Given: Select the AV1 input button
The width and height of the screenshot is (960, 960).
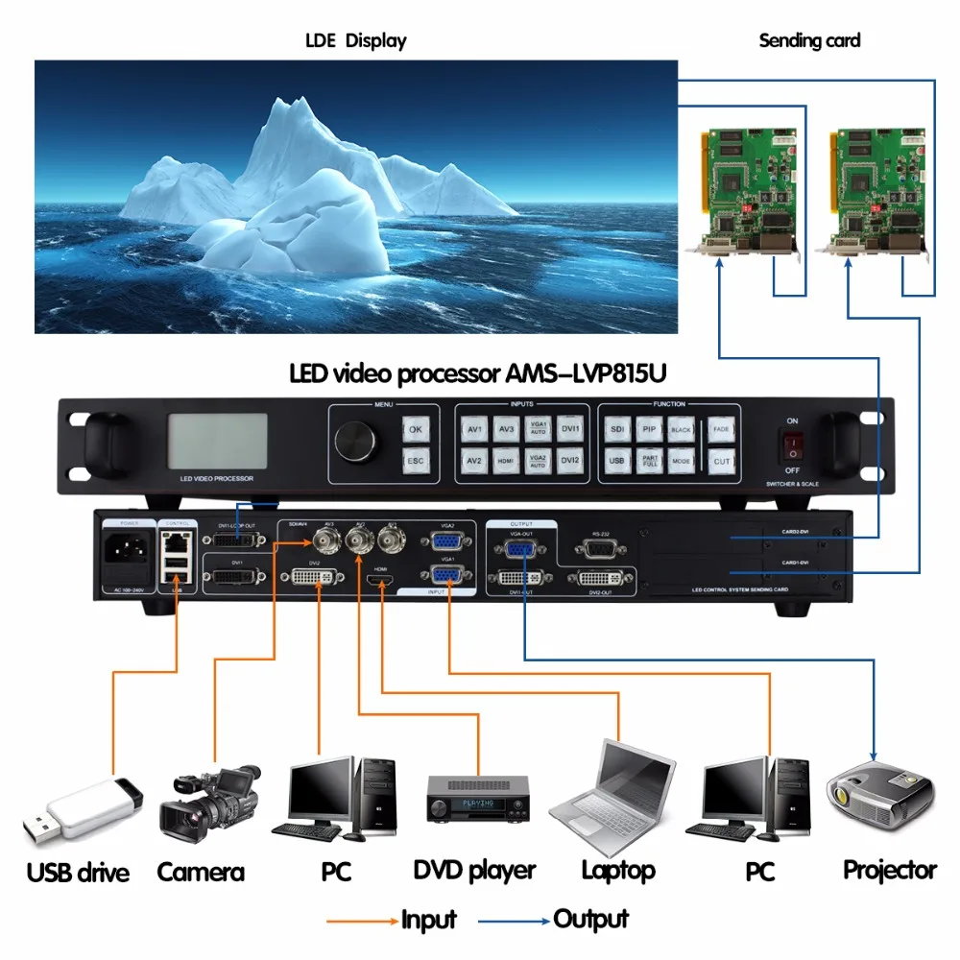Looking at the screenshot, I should click(x=474, y=429).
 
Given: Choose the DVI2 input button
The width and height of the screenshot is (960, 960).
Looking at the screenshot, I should click(x=570, y=461).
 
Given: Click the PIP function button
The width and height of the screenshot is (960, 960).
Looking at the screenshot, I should click(x=649, y=429).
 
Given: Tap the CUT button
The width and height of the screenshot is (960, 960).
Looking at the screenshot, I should click(x=721, y=462).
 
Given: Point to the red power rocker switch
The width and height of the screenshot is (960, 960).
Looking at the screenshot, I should click(x=792, y=444).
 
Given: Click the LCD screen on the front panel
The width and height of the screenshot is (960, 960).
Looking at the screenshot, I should click(x=218, y=442).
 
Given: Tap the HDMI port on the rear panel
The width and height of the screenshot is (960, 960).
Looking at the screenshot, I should click(x=380, y=579).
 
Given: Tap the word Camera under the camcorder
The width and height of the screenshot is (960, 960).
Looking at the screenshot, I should click(x=201, y=872).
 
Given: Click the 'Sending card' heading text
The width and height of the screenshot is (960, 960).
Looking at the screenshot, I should click(x=809, y=40).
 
